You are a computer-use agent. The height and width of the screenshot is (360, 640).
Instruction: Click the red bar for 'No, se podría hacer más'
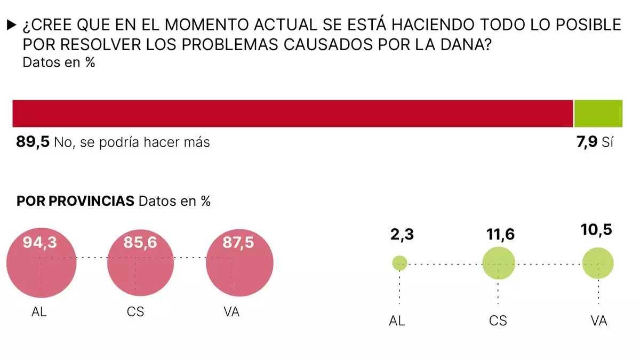[292, 113]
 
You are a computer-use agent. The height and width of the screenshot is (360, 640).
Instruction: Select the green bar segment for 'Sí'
[598, 113]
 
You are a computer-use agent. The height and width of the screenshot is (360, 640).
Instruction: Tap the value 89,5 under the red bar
[33, 142]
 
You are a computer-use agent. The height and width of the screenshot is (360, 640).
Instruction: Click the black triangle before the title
[11, 25]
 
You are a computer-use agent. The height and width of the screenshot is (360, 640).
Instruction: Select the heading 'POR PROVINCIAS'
[75, 201]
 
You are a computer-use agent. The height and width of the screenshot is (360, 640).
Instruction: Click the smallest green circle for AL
[399, 262]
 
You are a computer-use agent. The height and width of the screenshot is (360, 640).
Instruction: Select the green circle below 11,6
[498, 263]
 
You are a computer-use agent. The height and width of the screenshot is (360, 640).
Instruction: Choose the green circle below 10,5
[598, 263]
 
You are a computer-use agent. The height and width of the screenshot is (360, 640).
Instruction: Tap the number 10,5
[596, 230]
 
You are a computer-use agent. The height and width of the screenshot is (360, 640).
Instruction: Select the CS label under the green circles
[498, 321]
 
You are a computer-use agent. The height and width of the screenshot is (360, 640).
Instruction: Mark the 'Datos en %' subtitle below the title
[59, 62]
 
